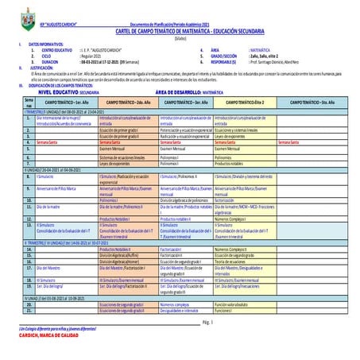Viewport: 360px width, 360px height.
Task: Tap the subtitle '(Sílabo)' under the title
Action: coord(180,37)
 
